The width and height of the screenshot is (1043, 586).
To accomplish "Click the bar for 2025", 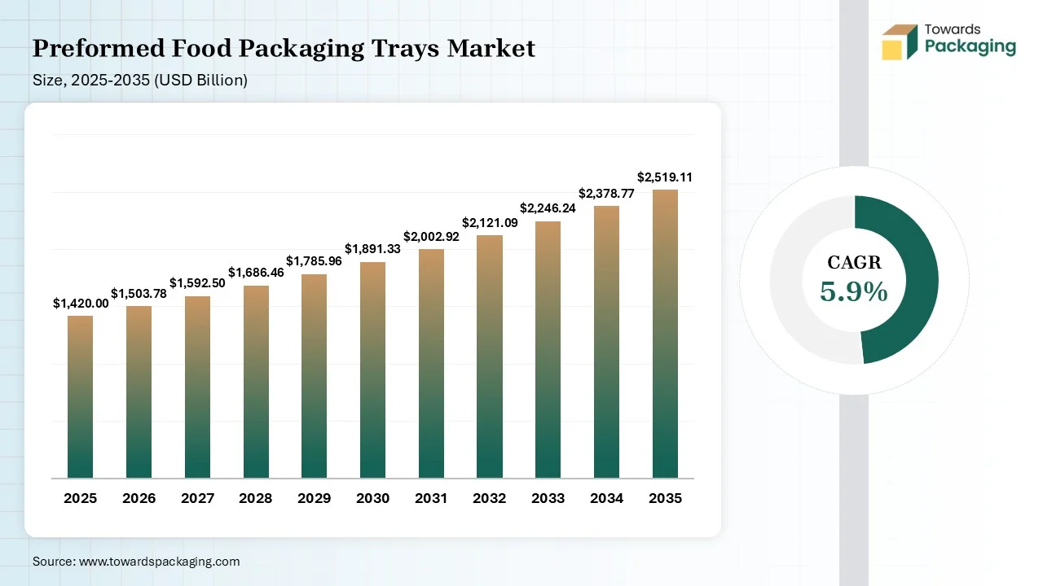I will click(80, 396).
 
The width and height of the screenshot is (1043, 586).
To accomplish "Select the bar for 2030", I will click(372, 370).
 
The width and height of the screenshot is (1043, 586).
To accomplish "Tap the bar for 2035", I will click(665, 334).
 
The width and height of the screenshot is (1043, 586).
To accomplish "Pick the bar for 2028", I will click(256, 382).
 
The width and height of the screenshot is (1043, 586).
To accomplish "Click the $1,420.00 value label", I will click(81, 303).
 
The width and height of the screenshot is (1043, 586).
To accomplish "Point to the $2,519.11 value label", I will click(665, 177).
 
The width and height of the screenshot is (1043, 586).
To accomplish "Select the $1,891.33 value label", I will click(372, 248).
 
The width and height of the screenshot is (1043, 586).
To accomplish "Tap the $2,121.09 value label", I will click(490, 222).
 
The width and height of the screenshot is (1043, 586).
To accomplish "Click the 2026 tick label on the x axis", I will click(139, 498).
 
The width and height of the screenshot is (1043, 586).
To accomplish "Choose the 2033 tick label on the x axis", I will click(548, 498).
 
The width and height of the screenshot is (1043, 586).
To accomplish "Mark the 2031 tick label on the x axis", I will click(431, 498).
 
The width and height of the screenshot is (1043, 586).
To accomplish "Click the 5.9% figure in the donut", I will click(853, 291).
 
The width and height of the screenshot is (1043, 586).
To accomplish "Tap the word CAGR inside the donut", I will click(854, 262).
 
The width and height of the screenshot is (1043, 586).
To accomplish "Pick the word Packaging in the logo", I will click(970, 46).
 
